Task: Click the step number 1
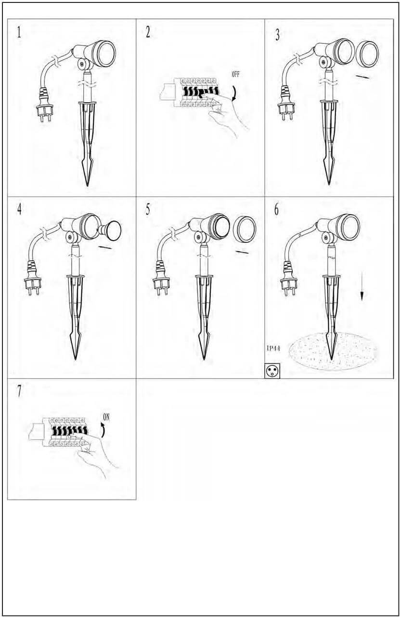coord(19,33)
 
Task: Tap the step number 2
coord(148,33)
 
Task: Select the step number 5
coord(148,210)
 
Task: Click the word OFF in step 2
coord(235,74)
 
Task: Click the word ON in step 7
coord(106,417)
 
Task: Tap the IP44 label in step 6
coord(273,349)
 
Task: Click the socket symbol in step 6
coord(272,371)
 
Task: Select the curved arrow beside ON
coord(103,431)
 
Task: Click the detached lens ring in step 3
coord(367,54)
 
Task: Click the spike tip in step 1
coord(88,186)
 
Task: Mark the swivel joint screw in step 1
coord(82,64)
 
